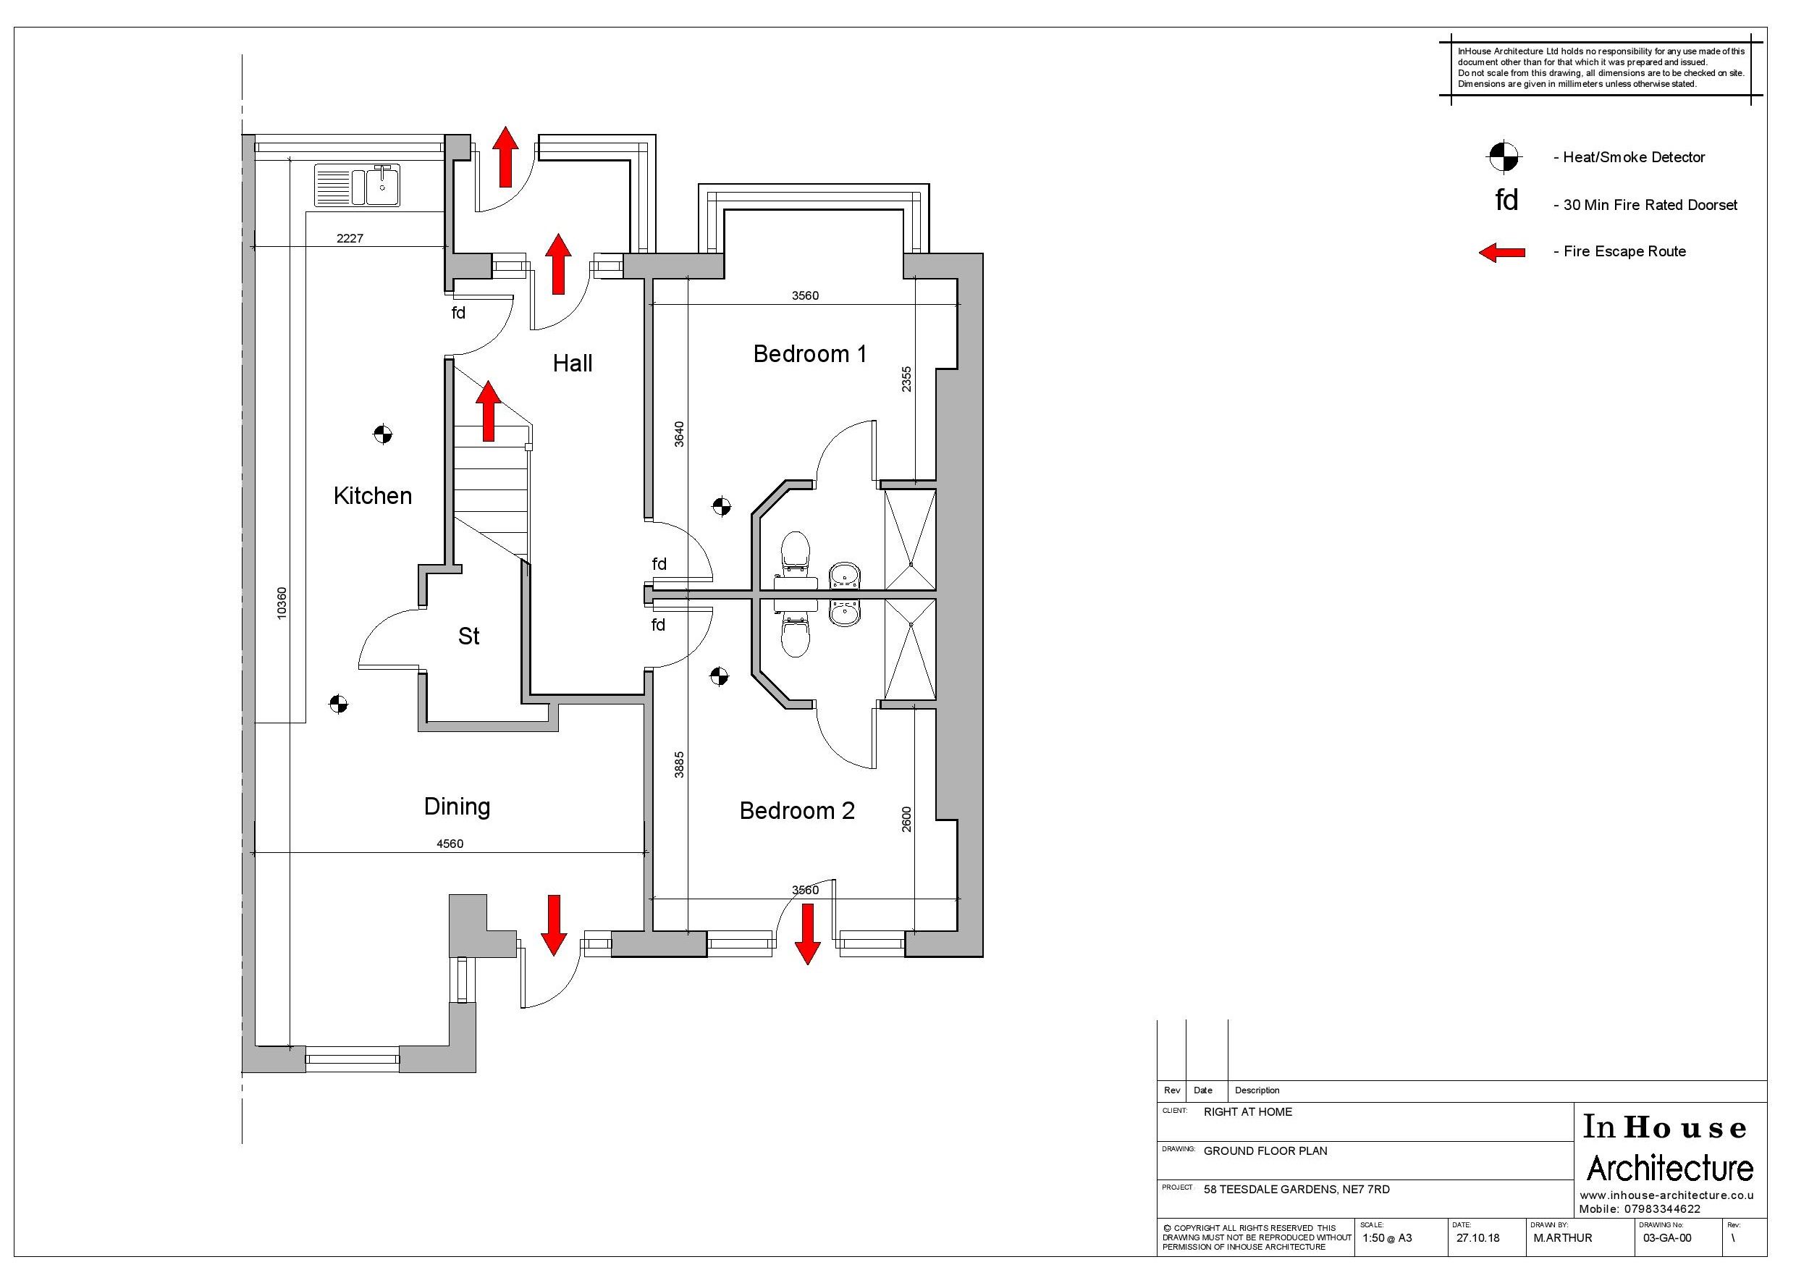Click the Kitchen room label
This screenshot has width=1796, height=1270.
click(372, 496)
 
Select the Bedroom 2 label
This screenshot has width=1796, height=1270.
click(797, 811)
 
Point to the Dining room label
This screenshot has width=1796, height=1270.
click(457, 807)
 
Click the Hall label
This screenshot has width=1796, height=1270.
click(573, 363)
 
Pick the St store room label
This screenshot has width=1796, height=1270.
click(468, 636)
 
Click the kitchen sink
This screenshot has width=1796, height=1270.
click(358, 185)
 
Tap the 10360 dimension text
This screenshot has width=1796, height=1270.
click(282, 603)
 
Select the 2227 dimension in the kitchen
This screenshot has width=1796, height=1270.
click(350, 239)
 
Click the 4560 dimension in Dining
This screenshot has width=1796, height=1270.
click(450, 844)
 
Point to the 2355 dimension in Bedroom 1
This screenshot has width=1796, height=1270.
click(906, 379)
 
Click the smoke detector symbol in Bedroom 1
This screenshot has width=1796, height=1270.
click(721, 507)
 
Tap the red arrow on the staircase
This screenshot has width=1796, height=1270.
click(488, 411)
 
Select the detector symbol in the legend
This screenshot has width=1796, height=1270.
click(1503, 157)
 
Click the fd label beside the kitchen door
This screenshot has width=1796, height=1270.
click(458, 313)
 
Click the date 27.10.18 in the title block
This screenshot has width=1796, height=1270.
click(1477, 1238)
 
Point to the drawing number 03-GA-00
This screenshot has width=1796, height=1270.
click(1667, 1238)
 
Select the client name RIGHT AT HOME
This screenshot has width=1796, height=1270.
click(1248, 1112)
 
